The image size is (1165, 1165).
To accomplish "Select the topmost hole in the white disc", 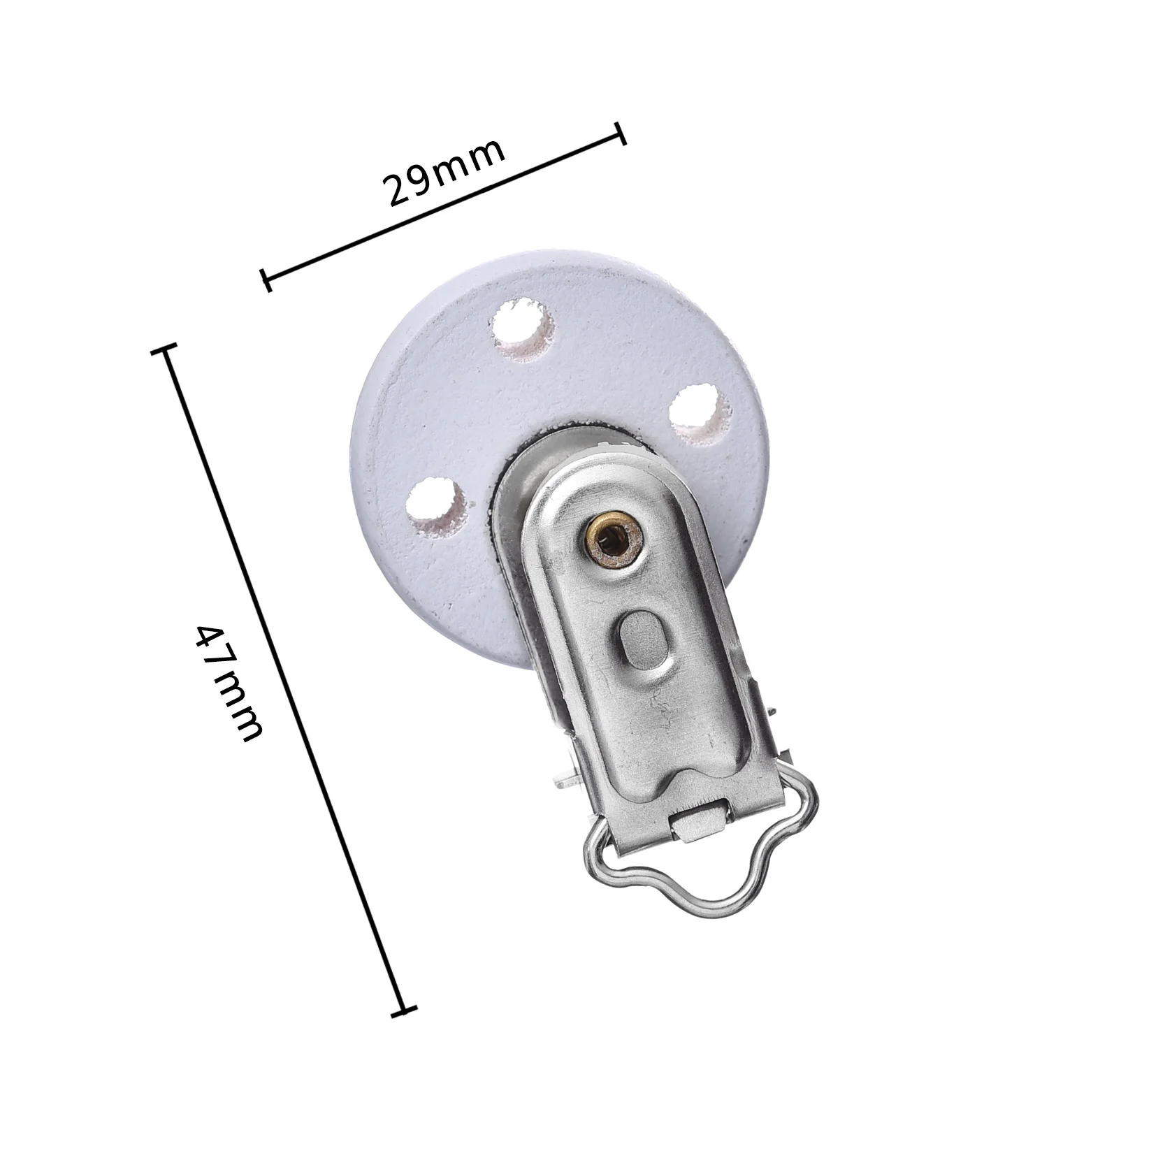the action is [x=522, y=329].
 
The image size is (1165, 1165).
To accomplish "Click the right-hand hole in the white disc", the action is [x=700, y=417].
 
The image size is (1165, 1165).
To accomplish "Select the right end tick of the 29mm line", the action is [x=620, y=133].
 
